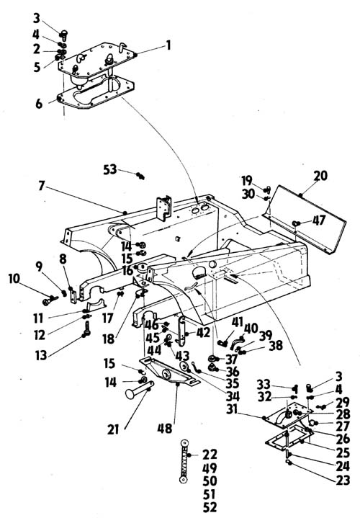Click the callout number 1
pos(168,45)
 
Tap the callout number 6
pos(39,104)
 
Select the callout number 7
pos(41,186)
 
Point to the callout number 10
pos(14,279)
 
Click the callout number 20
pos(320,176)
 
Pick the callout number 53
pos(110,169)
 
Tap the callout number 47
pos(319,220)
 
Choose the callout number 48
pos(165,429)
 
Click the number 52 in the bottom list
pos(210,507)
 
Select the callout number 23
pos(343,480)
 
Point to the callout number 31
pos(232,409)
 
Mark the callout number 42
pos(203,333)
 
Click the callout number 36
pos(232,372)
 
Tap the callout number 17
pos(108,318)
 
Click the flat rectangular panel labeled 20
pos(304,219)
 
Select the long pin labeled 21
pos(139,390)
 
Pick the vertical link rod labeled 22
pos(184,461)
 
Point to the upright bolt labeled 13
pos(86,329)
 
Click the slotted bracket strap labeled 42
pos(181,331)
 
